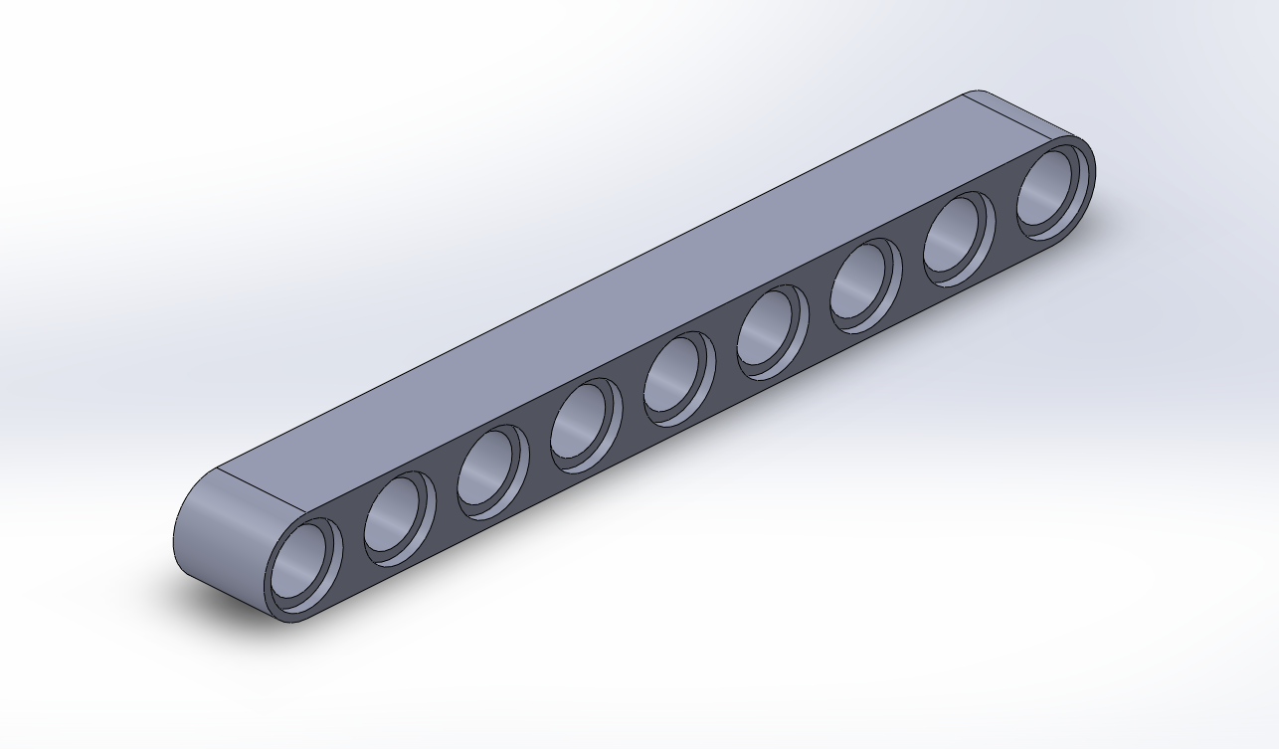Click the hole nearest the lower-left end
(x=301, y=563)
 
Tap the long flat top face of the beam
(x=637, y=298)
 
